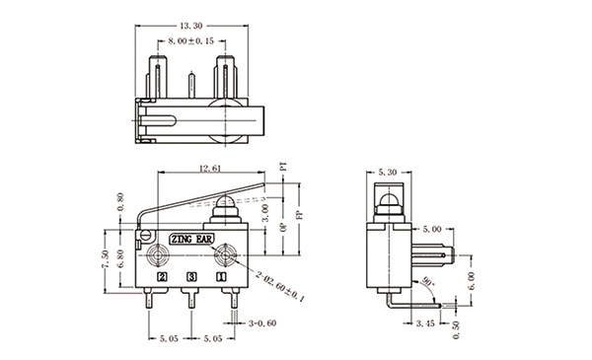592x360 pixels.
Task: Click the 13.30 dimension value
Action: tap(191, 26)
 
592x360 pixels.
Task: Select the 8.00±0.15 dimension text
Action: tap(191, 41)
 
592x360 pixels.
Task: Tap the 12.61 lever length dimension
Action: tap(209, 169)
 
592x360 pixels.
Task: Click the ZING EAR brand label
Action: tap(191, 240)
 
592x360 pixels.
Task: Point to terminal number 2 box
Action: tap(163, 277)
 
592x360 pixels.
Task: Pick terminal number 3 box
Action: tap(191, 277)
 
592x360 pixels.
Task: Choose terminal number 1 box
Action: tap(221, 277)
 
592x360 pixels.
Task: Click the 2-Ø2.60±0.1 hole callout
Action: tap(280, 286)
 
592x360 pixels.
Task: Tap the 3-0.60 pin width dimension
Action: tap(262, 324)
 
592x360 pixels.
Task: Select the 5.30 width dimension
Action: tap(388, 173)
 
